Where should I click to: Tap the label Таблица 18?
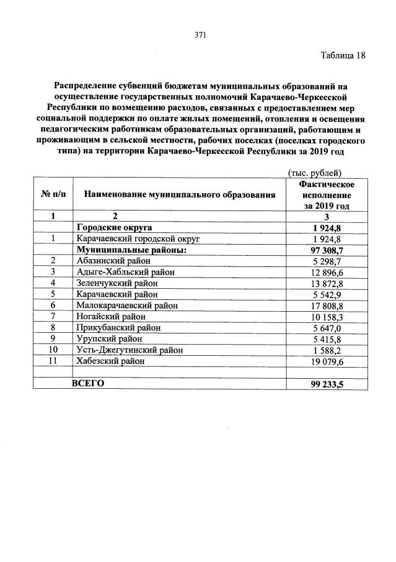(x=343, y=55)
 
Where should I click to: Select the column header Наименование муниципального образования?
(x=179, y=195)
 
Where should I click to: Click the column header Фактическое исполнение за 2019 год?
(x=327, y=195)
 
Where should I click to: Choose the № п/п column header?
(x=53, y=195)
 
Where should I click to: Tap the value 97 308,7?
(x=327, y=249)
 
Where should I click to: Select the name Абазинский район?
(x=109, y=260)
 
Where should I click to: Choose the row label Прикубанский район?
(x=113, y=327)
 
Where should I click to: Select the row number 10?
(x=53, y=350)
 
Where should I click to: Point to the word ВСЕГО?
(x=88, y=383)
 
